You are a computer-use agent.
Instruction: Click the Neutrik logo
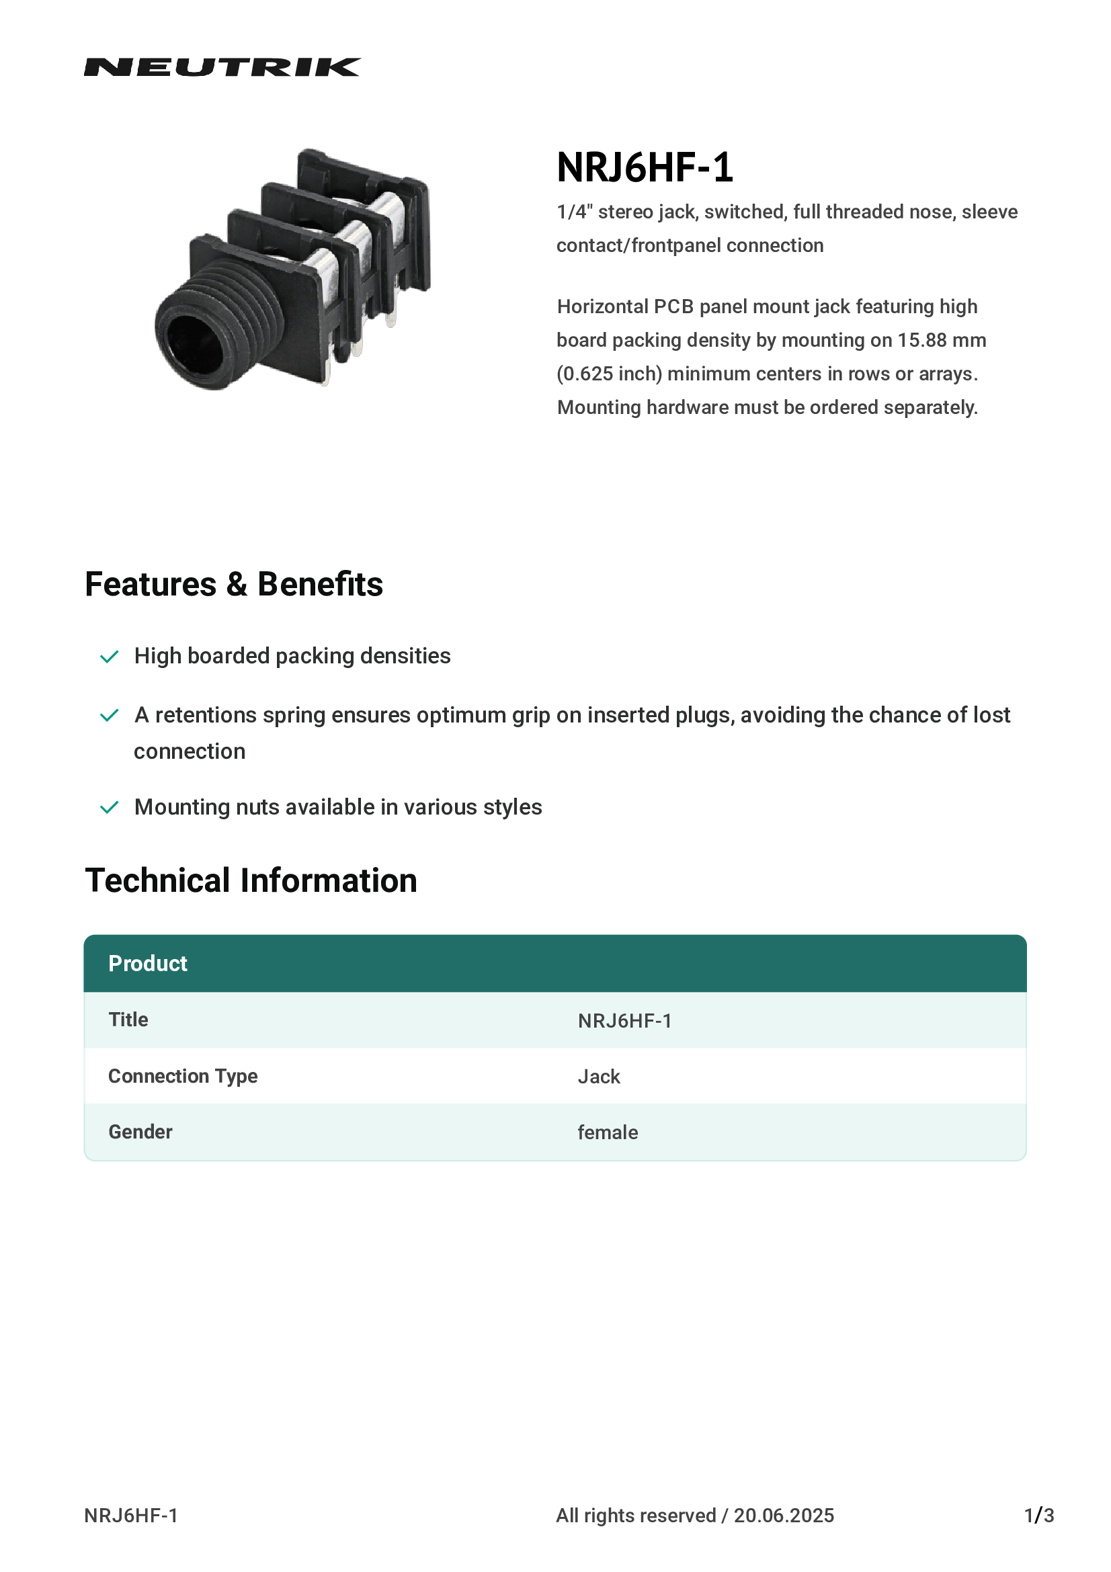pyautogui.click(x=222, y=67)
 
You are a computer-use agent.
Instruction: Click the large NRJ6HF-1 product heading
pyautogui.click(x=644, y=168)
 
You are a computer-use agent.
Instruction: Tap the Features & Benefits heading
pyautogui.click(x=233, y=585)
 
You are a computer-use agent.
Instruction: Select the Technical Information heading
pyautogui.click(x=251, y=881)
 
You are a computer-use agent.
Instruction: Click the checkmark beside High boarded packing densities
pyautogui.click(x=110, y=657)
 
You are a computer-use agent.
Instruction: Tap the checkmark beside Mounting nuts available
pyautogui.click(x=110, y=808)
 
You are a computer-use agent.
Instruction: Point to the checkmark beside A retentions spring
pyautogui.click(x=110, y=716)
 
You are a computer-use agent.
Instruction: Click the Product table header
pyautogui.click(x=148, y=964)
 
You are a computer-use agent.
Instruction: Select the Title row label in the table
pyautogui.click(x=128, y=1020)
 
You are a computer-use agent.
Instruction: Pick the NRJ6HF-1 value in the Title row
pyautogui.click(x=624, y=1022)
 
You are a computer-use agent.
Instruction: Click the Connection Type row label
pyautogui.click(x=183, y=1076)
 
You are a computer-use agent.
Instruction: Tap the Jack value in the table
pyautogui.click(x=598, y=1077)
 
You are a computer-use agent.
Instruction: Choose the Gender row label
pyautogui.click(x=140, y=1132)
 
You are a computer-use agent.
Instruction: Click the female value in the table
pyautogui.click(x=607, y=1133)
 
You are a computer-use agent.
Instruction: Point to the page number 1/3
pyautogui.click(x=1038, y=1516)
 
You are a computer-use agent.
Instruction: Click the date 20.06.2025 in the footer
pyautogui.click(x=784, y=1516)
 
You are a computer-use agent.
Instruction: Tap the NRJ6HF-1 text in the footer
pyautogui.click(x=131, y=1516)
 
